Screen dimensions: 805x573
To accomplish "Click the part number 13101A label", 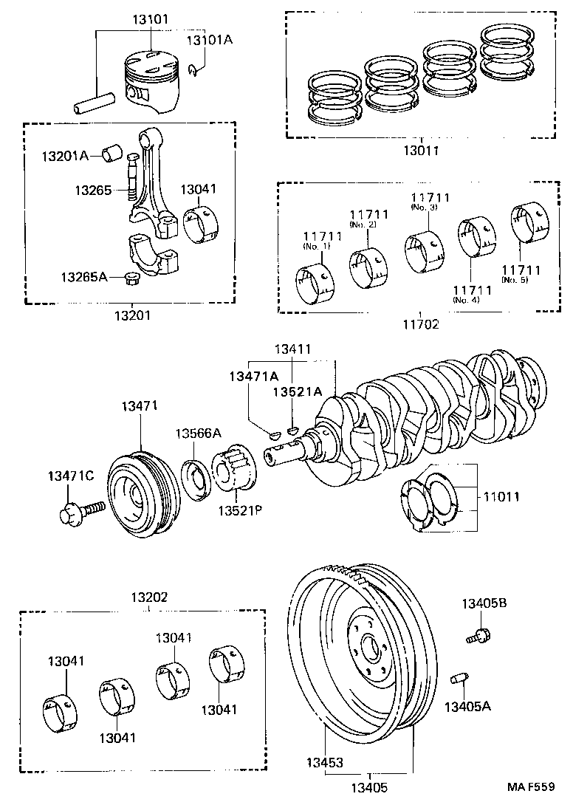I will click(209, 40).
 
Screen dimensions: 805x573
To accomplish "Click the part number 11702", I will click(421, 323).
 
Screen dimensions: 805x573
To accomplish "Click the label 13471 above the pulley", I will click(140, 405).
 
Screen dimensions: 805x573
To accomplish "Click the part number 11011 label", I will click(501, 497).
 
